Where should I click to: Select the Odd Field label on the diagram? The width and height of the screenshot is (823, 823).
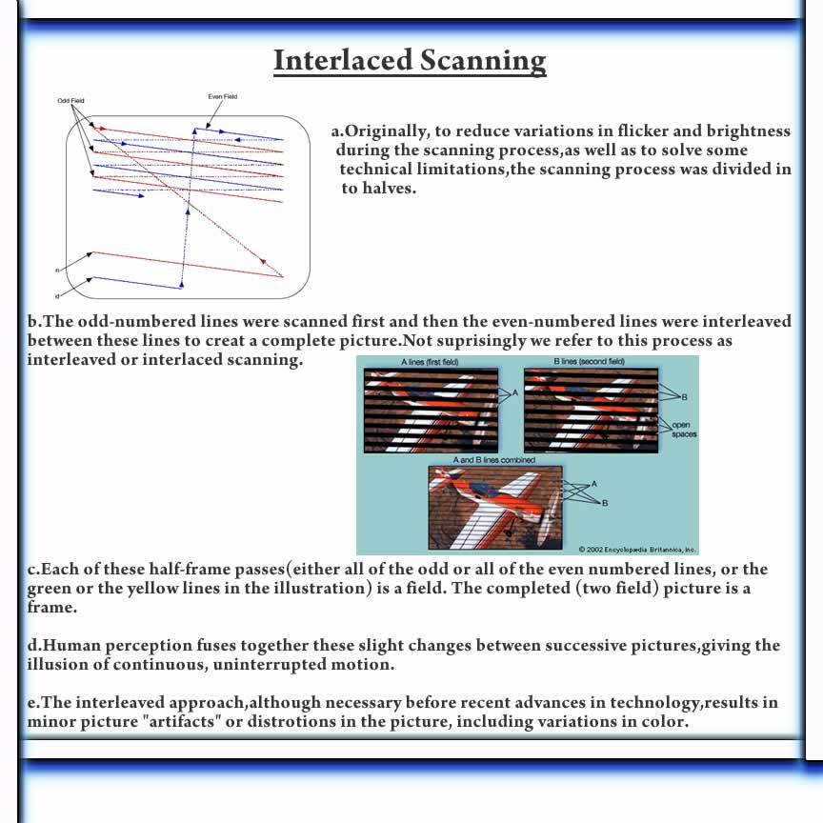pos(70,100)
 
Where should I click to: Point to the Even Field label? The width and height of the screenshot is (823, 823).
pos(222,96)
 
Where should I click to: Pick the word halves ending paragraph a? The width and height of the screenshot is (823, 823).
pos(388,189)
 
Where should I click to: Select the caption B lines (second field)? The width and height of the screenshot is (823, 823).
pos(589,362)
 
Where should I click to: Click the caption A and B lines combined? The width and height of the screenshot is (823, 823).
pos(494,460)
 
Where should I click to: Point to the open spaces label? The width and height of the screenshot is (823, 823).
pos(683,430)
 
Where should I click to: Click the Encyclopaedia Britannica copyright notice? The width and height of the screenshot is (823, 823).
pos(637,550)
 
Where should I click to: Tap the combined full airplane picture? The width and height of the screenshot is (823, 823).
pos(495,505)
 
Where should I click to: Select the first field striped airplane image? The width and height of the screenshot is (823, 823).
pos(431,411)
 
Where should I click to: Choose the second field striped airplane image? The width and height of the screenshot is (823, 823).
pos(590,411)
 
